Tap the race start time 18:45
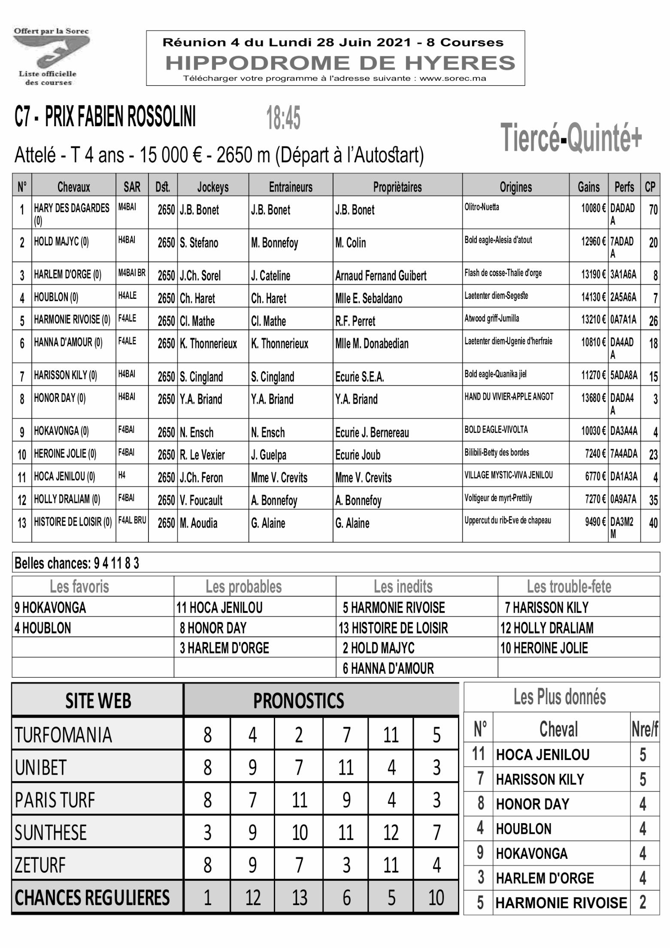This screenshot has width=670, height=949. (283, 118)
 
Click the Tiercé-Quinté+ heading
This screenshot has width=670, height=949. (570, 138)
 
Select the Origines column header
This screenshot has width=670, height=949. (515, 187)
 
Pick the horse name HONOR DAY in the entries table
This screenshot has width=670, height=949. (60, 398)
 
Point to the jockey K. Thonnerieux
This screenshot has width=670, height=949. (208, 344)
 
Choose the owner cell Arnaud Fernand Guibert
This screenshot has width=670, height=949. (381, 276)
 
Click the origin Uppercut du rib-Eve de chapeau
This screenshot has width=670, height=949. (507, 520)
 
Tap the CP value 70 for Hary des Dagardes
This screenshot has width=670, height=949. (653, 210)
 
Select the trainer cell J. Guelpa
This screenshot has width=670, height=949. (268, 455)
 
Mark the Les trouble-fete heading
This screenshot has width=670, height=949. (569, 587)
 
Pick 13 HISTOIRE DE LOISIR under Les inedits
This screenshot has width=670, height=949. (393, 628)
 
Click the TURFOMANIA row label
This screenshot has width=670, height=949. (63, 735)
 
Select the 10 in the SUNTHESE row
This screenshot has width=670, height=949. (300, 833)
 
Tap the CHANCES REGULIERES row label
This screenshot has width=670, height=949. (92, 898)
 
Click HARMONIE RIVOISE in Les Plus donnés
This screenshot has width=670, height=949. (561, 903)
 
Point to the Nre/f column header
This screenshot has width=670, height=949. (644, 730)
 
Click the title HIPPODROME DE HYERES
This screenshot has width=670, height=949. (340, 63)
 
